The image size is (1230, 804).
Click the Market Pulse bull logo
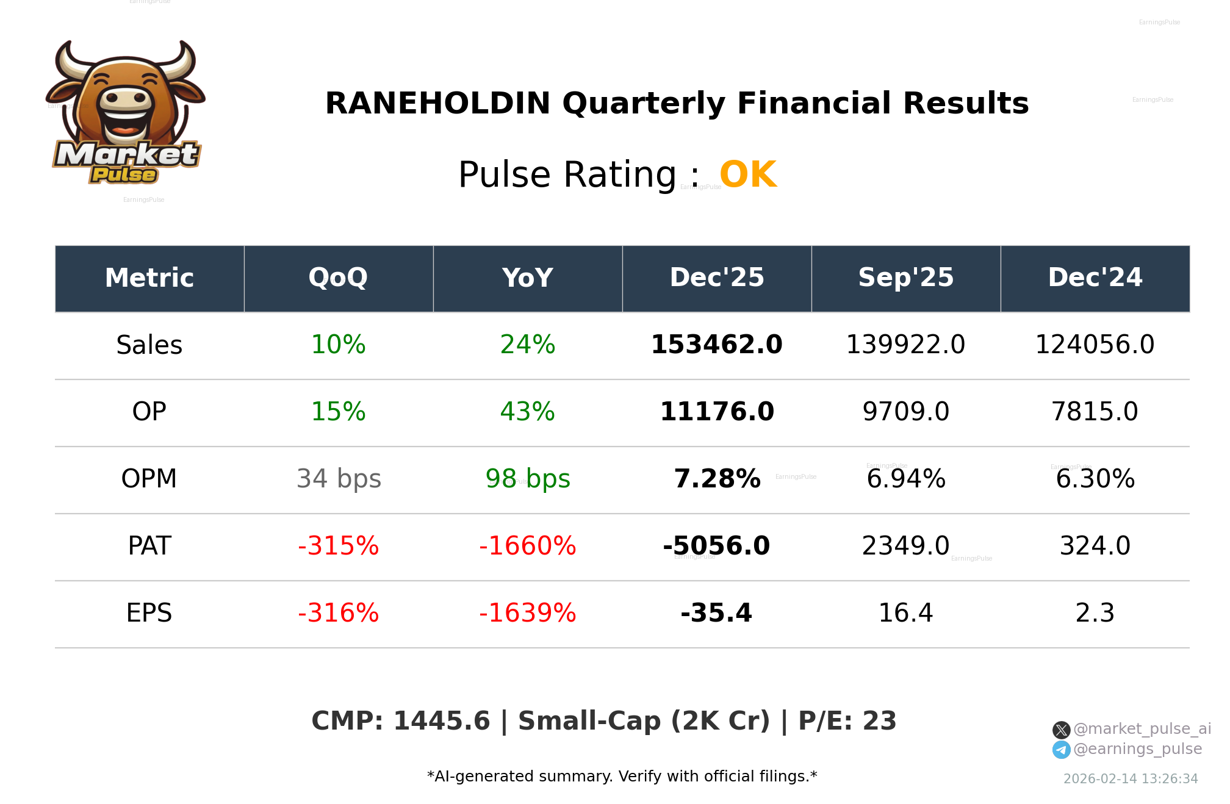click(126, 113)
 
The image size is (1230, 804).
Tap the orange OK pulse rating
click(748, 175)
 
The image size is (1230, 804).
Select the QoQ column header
click(338, 278)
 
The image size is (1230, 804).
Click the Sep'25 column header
click(905, 278)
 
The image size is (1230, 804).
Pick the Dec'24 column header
click(1095, 278)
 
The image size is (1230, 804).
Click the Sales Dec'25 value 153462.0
click(716, 345)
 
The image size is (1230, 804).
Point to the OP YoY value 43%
click(527, 412)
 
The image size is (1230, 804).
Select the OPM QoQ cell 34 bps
click(338, 479)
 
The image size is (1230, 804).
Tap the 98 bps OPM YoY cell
click(527, 479)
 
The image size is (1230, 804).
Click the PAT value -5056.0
click(716, 547)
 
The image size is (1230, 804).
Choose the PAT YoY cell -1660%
click(527, 547)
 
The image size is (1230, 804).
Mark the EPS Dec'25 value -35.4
click(716, 614)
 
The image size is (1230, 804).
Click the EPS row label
click(149, 614)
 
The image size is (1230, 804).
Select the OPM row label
click(149, 479)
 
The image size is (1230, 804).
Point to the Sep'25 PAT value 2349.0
click(905, 547)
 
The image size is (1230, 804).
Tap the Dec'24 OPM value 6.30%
click(1095, 479)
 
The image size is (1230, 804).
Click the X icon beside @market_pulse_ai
click(1061, 730)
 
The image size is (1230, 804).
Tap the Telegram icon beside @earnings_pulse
click(1061, 750)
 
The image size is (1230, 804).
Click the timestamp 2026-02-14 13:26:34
click(1130, 779)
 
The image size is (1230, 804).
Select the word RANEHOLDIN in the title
click(437, 104)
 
